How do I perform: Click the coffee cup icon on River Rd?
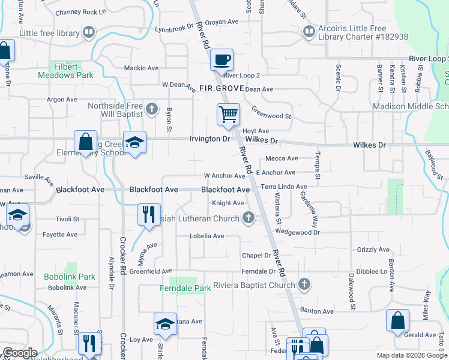(221, 60)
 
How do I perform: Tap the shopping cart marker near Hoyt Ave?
(228, 113)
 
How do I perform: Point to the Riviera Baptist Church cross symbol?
(304, 284)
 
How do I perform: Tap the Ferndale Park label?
(185, 289)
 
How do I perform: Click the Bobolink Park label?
(70, 277)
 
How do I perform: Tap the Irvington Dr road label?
(209, 139)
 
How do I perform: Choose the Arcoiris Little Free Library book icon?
(309, 31)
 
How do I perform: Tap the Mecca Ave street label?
(282, 158)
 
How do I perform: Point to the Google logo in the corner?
(20, 353)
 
